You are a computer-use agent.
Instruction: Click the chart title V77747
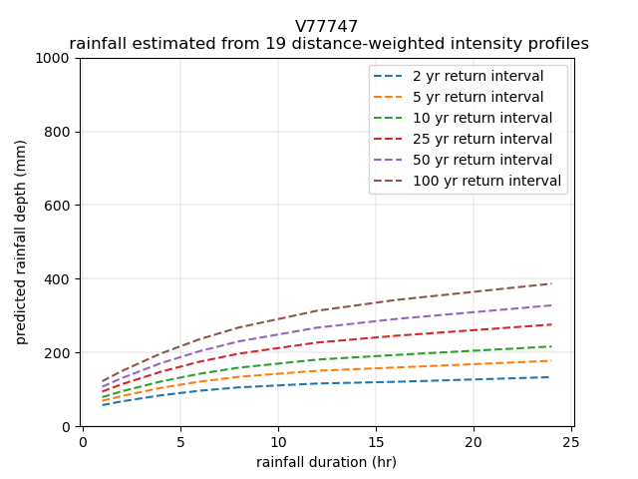(x=327, y=27)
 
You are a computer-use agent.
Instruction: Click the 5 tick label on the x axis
(x=180, y=441)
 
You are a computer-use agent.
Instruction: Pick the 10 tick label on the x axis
(x=278, y=441)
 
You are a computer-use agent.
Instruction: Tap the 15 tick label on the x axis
(x=376, y=441)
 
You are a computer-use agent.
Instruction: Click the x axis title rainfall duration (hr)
(x=327, y=461)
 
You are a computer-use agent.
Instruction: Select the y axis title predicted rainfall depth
(x=21, y=242)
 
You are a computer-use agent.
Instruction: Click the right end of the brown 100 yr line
(x=551, y=283)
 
